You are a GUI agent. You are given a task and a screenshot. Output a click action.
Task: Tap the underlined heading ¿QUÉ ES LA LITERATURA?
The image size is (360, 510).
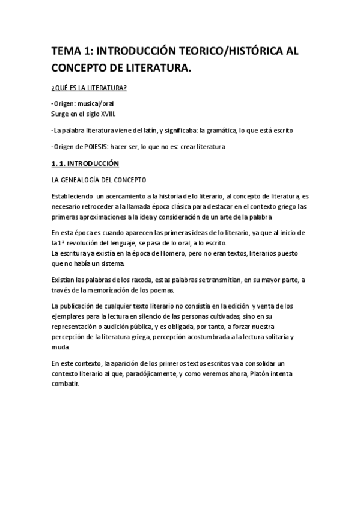coord(88,88)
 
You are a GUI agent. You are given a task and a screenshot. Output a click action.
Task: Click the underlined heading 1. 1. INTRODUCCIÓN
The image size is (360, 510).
coord(85,164)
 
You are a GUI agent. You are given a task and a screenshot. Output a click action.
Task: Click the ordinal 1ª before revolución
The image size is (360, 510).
coord(64,243)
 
